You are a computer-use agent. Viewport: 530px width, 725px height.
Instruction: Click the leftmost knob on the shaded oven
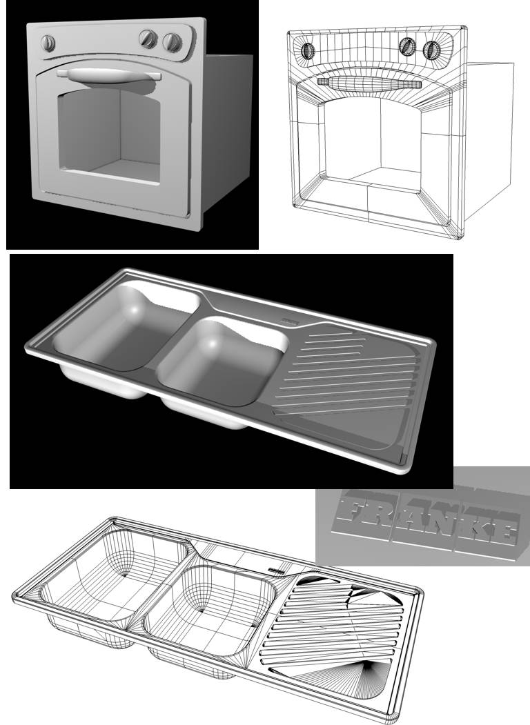[48, 43]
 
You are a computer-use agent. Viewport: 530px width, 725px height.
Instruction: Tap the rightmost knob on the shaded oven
[172, 42]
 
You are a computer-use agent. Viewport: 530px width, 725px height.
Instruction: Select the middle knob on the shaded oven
[148, 39]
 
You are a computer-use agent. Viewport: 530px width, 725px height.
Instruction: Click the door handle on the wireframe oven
[369, 83]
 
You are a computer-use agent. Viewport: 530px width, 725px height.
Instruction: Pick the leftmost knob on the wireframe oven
[308, 50]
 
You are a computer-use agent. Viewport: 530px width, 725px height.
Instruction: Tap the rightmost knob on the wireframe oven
[431, 50]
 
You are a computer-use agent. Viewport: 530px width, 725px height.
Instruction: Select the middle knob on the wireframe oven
[407, 46]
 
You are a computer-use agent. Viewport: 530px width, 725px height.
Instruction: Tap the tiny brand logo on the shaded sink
[289, 320]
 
